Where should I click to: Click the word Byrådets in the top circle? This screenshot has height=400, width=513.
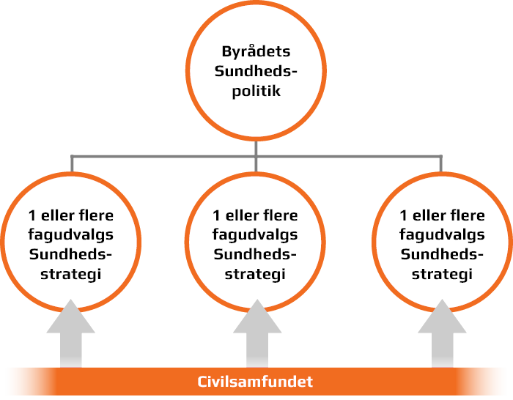point(256,52)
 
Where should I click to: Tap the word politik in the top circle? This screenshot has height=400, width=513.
point(256,92)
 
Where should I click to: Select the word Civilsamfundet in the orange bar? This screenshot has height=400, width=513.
point(256,382)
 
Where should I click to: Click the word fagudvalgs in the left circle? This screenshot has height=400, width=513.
point(70,235)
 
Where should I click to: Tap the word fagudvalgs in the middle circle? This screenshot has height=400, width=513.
point(255,235)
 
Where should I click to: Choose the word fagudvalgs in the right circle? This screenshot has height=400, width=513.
point(442,235)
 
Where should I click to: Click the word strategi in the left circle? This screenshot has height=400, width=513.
point(70,275)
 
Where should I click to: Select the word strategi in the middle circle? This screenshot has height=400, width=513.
point(255,275)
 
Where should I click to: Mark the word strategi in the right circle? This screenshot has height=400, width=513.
point(442,275)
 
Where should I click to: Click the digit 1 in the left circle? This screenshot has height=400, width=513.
point(32,216)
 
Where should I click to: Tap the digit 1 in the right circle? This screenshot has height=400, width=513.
point(404,216)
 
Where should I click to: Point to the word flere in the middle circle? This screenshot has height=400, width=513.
point(281,216)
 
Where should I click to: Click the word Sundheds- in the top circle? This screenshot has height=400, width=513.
point(256,72)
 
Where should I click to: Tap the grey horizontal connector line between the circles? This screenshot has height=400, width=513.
point(161,156)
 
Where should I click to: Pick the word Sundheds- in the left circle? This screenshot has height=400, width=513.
point(70,255)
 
